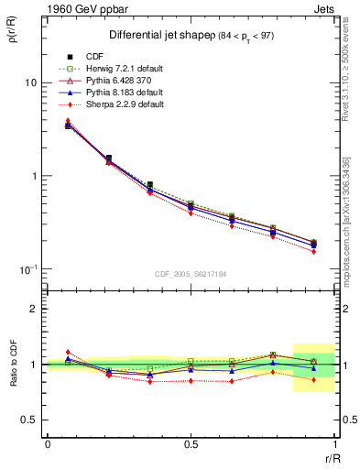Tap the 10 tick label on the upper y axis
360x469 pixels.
(x=29, y=82)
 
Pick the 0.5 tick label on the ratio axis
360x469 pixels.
(x=30, y=420)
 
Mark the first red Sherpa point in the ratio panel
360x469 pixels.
(x=67, y=352)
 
